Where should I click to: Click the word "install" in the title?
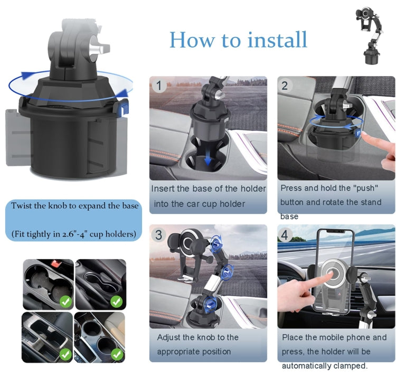(x=275, y=40)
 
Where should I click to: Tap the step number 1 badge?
(x=158, y=86)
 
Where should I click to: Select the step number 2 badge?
(x=285, y=86)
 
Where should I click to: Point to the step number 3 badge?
(x=158, y=234)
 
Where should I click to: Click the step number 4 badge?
(x=285, y=235)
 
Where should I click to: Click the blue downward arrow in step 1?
(x=209, y=158)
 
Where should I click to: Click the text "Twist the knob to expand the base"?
(x=75, y=206)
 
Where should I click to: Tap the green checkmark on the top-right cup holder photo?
(x=116, y=302)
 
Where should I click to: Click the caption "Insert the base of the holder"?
(x=209, y=188)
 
